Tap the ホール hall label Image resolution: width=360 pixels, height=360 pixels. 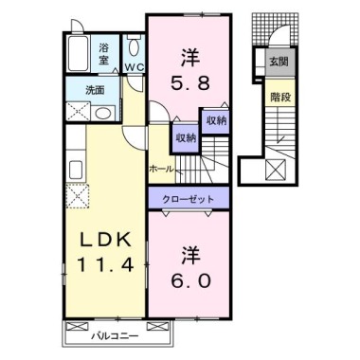[x=160, y=168]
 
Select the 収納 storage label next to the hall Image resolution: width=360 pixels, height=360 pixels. [x=185, y=137]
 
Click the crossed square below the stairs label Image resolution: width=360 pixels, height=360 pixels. [x=279, y=171]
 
